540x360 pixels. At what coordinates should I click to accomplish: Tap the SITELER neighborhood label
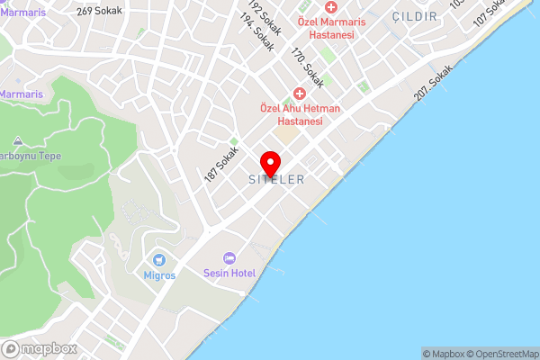pyautogui.click(x=276, y=180)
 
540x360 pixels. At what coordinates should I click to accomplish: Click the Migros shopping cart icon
pyautogui.click(x=159, y=259)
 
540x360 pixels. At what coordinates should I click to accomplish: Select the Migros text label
pyautogui.click(x=159, y=274)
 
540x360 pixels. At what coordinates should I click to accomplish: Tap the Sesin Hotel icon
pyautogui.click(x=229, y=258)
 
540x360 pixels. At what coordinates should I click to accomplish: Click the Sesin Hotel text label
pyautogui.click(x=229, y=273)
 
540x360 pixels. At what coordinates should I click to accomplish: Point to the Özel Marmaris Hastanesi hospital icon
pyautogui.click(x=330, y=6)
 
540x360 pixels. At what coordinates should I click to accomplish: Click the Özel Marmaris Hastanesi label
pyautogui.click(x=325, y=27)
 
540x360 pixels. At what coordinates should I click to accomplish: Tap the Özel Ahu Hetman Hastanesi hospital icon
pyautogui.click(x=300, y=94)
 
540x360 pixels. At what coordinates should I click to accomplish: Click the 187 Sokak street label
pyautogui.click(x=220, y=165)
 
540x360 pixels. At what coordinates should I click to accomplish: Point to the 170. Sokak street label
pyautogui.click(x=307, y=60)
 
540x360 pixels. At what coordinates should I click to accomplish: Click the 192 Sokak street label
pyautogui.click(x=265, y=17)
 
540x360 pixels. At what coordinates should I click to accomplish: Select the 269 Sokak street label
pyautogui.click(x=98, y=12)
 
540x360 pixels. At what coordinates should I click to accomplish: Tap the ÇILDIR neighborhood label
pyautogui.click(x=415, y=17)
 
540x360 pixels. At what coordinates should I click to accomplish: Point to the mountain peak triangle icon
pyautogui.click(x=19, y=141)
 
